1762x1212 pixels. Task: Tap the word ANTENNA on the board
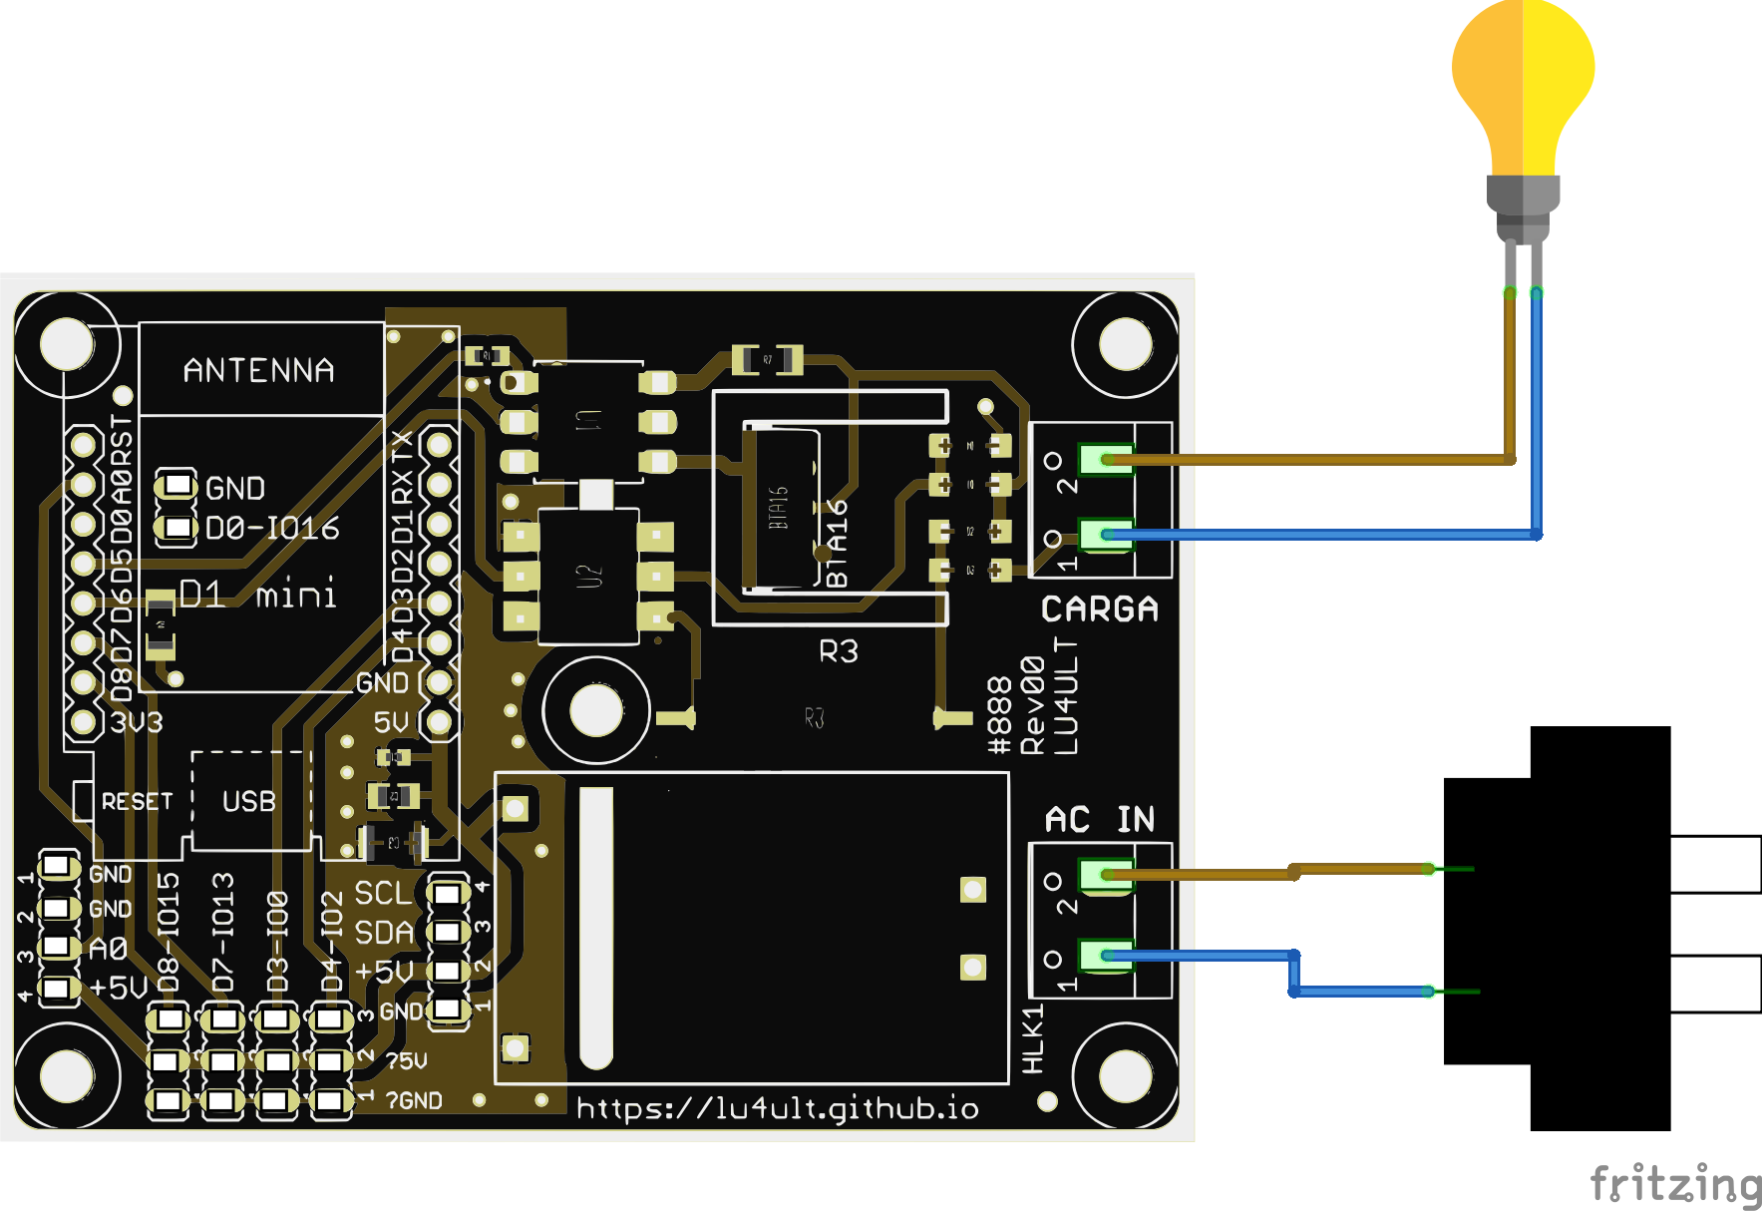258,371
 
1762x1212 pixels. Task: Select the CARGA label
1099,608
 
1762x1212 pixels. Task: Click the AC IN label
1099,819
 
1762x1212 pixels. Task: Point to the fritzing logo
1675,1184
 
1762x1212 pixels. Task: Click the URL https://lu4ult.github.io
777,1108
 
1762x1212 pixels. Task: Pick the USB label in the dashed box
248,801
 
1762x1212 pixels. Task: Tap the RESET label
137,801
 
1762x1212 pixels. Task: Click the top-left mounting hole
67,344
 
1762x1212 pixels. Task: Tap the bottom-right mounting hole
1125,1076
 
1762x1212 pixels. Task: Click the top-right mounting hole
1125,344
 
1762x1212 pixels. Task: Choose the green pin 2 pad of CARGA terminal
1106,460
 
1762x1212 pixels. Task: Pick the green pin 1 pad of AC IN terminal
1106,956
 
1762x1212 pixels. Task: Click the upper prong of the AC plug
1715,864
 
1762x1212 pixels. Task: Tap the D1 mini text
257,595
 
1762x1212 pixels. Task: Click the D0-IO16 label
272,528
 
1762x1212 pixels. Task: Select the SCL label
382,893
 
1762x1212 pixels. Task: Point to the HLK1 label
1033,1038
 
